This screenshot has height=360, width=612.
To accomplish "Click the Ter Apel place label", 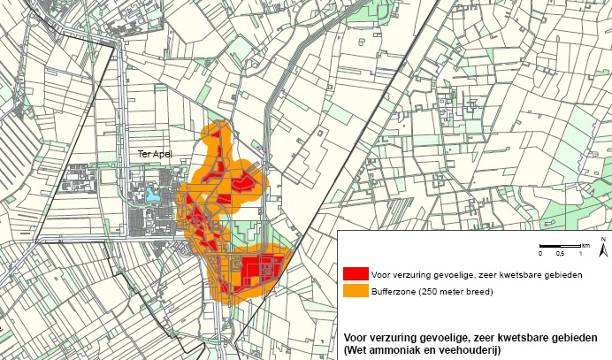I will point(154,154).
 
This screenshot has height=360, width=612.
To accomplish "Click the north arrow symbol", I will point(601,247).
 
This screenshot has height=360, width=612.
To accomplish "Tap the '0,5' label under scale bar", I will point(560,254).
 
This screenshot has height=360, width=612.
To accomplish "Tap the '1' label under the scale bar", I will point(580,254).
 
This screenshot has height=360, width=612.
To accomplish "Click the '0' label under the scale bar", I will point(540,254).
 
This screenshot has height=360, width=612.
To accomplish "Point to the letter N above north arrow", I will point(601,238).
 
